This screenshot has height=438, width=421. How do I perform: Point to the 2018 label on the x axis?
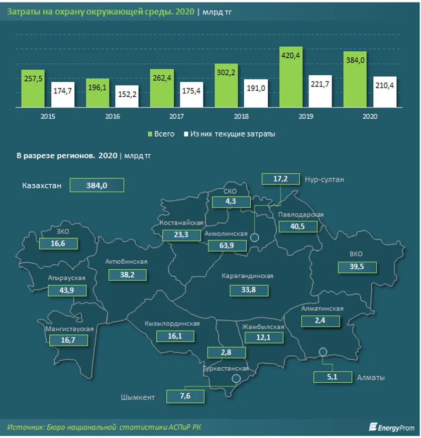[x=241, y=116]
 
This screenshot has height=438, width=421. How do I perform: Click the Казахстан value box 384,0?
[x=97, y=185]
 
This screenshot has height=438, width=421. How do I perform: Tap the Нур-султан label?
[x=324, y=179]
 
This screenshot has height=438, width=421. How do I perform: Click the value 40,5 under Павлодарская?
[x=298, y=226]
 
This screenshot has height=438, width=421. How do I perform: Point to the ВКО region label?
[x=356, y=254]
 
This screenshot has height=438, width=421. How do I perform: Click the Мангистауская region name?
[x=70, y=328]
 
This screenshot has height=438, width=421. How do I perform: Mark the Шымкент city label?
[x=138, y=397]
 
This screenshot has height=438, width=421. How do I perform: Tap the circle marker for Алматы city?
[x=323, y=352]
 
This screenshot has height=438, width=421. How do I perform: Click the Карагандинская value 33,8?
[x=248, y=290]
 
